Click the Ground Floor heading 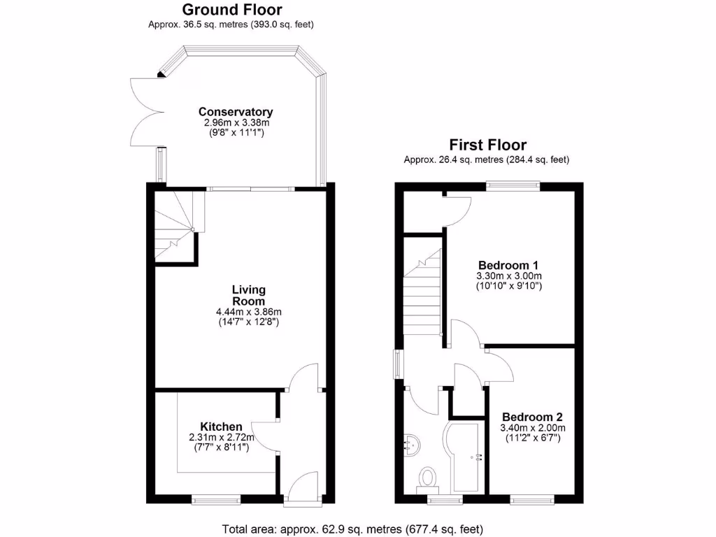[x=231, y=10]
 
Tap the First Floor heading [x=487, y=145]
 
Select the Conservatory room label [x=236, y=112]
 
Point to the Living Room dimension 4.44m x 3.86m [x=248, y=312]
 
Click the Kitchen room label [x=221, y=427]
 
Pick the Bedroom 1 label [x=508, y=265]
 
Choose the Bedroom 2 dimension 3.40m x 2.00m [x=532, y=428]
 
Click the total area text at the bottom [x=352, y=529]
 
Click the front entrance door [x=303, y=489]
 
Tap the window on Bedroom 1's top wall [x=513, y=185]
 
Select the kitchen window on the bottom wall [x=216, y=499]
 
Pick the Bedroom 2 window [x=532, y=499]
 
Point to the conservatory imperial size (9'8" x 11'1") [x=236, y=132]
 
